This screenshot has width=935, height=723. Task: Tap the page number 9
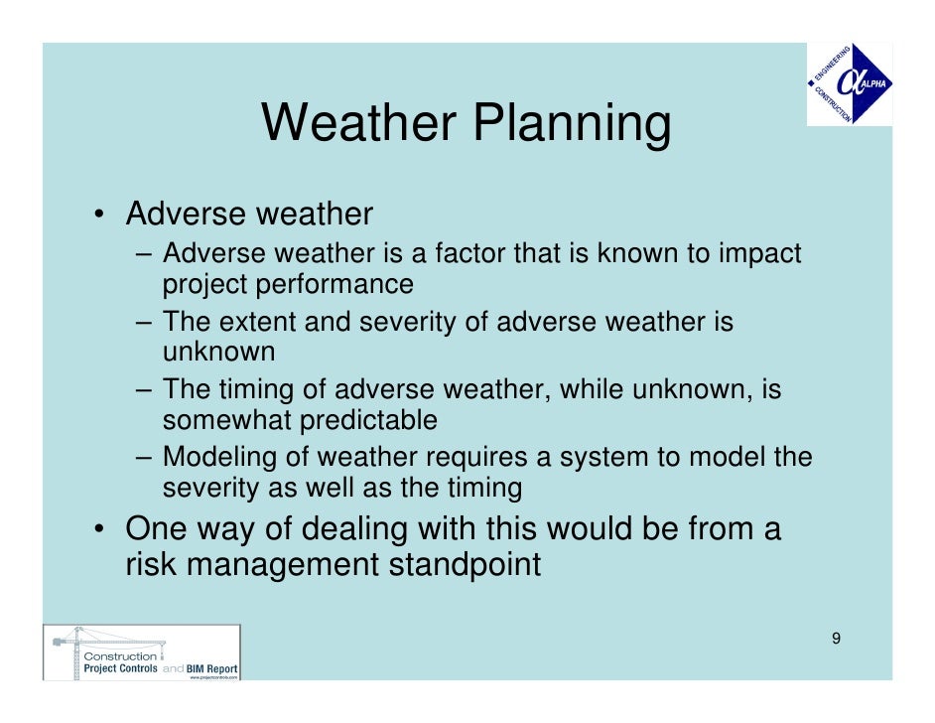(x=836, y=638)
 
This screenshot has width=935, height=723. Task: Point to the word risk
(x=148, y=564)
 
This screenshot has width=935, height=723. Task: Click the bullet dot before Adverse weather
(x=100, y=216)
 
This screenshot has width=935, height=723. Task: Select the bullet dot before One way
(x=100, y=529)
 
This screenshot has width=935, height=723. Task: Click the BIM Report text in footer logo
(x=212, y=669)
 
